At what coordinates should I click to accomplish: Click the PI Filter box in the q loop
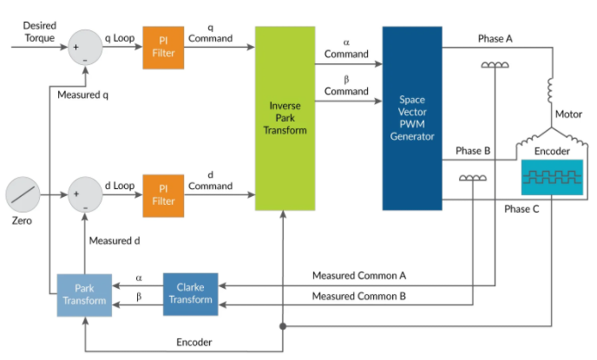click(x=164, y=48)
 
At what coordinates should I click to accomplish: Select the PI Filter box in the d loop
click(x=164, y=194)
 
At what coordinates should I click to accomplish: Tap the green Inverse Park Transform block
click(x=285, y=118)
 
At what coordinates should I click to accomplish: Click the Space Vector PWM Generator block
click(x=412, y=118)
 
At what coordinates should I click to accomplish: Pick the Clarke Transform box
click(x=190, y=293)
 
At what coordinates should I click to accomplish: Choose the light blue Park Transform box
click(x=83, y=293)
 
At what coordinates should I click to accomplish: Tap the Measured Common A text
click(x=359, y=276)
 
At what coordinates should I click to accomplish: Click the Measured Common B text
click(x=359, y=297)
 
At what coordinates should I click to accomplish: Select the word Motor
click(x=568, y=114)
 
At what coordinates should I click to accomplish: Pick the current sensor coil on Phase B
click(x=472, y=178)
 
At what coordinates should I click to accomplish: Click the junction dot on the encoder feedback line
click(x=285, y=327)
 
